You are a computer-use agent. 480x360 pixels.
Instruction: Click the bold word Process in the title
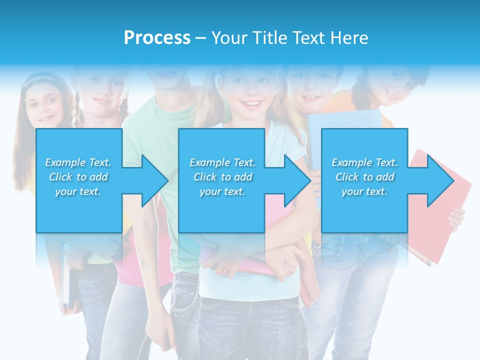[157, 37]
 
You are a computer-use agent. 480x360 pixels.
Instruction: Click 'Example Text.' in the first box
[78, 162]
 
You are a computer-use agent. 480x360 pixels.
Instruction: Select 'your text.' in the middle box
[222, 191]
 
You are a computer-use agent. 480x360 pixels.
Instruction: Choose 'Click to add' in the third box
[365, 177]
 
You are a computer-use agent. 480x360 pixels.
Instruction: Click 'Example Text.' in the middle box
[222, 162]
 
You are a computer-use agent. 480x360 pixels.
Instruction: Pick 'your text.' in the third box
[364, 191]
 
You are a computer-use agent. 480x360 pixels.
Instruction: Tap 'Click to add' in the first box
[78, 177]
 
